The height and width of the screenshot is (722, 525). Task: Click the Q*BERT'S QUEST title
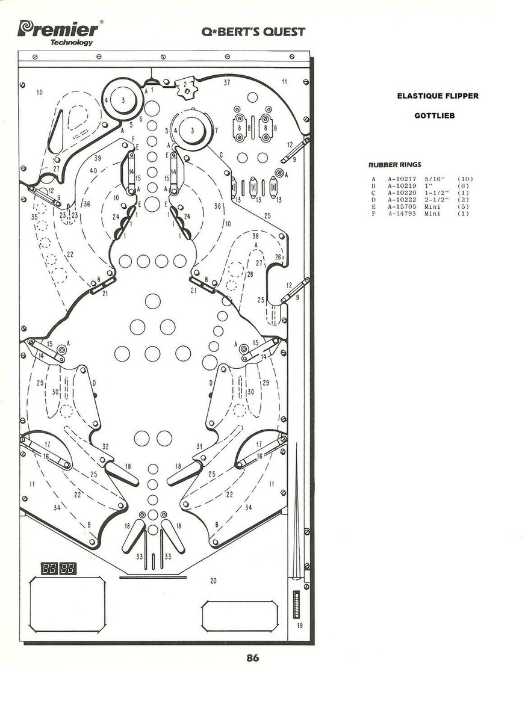[253, 31]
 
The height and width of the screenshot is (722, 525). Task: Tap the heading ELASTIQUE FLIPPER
[438, 96]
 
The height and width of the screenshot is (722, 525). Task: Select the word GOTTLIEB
[434, 116]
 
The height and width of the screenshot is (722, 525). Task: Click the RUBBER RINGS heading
[395, 165]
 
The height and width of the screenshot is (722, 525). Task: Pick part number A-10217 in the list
[402, 179]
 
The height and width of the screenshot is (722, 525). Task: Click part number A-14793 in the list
[402, 214]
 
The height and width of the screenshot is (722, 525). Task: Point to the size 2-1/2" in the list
[436, 200]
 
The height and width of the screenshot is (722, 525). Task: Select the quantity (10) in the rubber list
[465, 179]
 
